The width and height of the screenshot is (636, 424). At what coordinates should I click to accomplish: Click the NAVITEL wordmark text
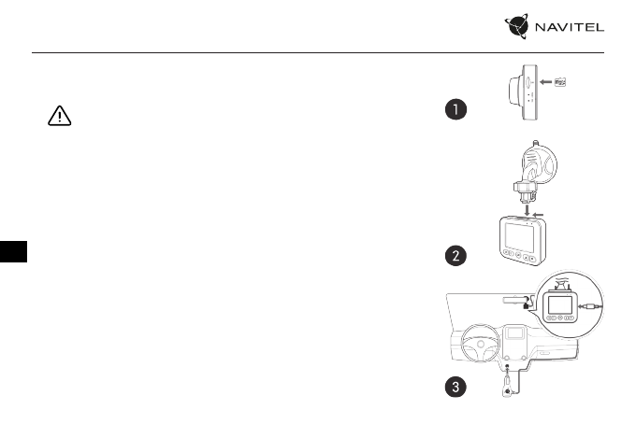(x=570, y=28)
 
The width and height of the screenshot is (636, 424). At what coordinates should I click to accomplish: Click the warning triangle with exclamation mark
(x=59, y=116)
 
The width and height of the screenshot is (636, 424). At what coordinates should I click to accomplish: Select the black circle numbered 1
(x=455, y=111)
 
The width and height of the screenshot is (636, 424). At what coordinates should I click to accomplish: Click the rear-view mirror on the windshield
(x=514, y=301)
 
